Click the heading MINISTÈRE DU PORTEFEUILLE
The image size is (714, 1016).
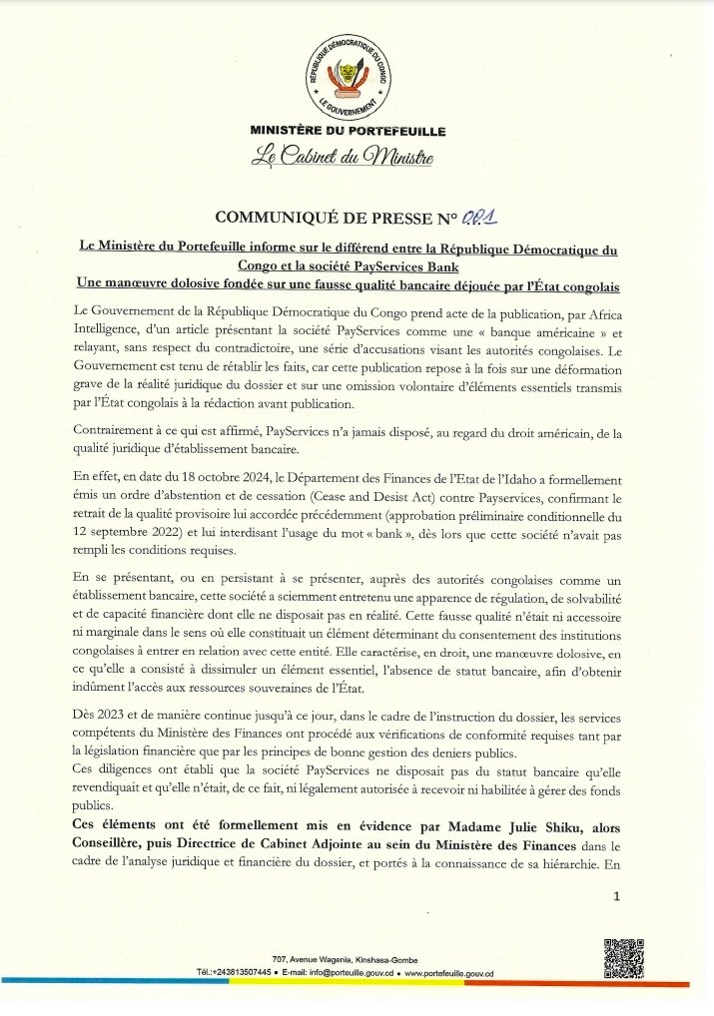coord(349,131)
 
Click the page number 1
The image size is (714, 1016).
coord(617,897)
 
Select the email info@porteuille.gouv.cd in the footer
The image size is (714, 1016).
coord(337,972)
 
